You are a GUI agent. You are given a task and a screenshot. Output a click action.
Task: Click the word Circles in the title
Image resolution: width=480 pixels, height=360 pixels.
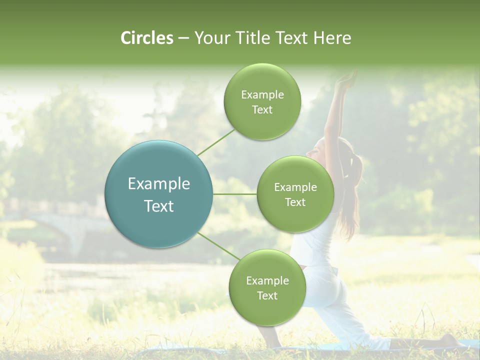pos(146,38)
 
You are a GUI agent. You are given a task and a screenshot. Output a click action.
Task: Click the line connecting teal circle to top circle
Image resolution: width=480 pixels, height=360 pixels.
pos(216,141)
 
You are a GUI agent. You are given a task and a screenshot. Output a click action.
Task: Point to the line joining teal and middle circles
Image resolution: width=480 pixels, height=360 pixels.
pos(235,194)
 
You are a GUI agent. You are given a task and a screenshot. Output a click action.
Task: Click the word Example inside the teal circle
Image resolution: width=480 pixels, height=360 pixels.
pos(159,184)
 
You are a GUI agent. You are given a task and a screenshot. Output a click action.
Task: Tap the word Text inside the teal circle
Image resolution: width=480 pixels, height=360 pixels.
pos(159,206)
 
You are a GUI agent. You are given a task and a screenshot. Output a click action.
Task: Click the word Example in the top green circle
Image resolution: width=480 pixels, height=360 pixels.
pos(262,95)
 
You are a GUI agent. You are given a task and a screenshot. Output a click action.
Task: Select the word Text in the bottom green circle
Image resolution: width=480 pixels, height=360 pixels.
pos(267,296)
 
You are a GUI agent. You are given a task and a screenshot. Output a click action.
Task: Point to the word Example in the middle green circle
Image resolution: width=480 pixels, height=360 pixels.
pos(295,187)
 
